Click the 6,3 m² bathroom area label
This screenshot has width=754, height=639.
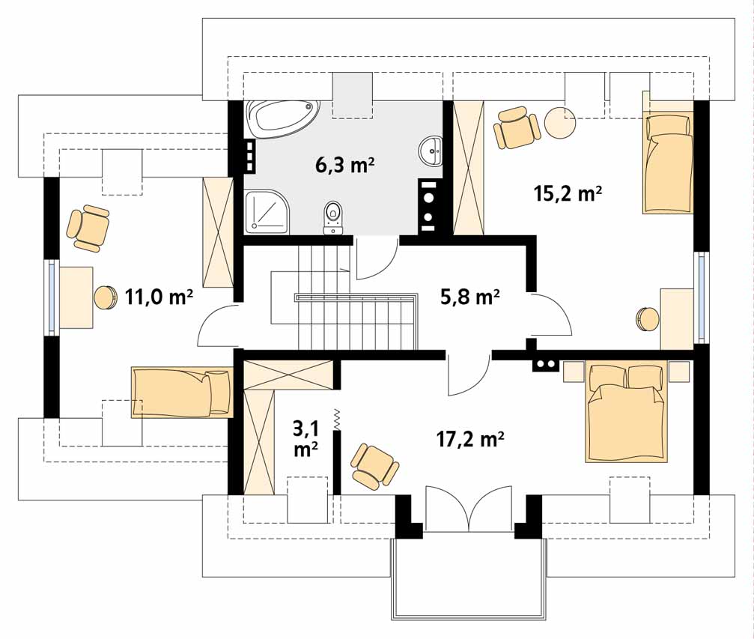[x=344, y=165]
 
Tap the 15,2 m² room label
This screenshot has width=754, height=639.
[x=568, y=193]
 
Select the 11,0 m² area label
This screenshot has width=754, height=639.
[x=159, y=297]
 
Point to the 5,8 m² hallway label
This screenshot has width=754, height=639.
[x=469, y=297]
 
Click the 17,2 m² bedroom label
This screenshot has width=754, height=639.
[x=470, y=439]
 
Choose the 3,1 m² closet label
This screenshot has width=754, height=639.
[x=305, y=437]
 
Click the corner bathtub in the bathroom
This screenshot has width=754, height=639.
[x=282, y=118]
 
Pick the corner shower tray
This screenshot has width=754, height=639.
[x=267, y=212]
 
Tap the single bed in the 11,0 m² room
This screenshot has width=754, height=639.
[x=182, y=391]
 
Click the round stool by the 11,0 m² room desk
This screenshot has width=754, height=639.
[x=106, y=297]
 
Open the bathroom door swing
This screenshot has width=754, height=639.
[x=377, y=258]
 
